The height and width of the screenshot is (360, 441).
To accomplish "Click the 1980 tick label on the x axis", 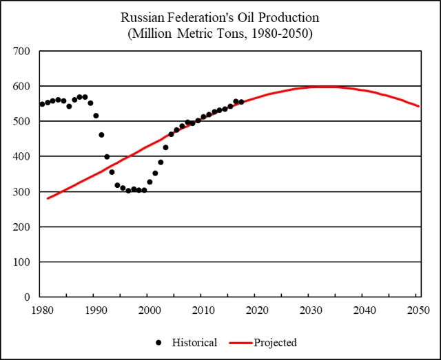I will [42, 310].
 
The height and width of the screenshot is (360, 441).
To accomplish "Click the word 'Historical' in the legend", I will [195, 342].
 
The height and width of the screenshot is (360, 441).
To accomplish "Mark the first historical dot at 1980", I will [42, 104].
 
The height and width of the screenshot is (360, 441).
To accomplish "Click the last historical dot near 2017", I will [241, 102].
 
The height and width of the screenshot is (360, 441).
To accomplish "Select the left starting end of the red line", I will [48, 198].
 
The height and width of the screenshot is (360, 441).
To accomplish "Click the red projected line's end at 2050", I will [418, 106].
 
